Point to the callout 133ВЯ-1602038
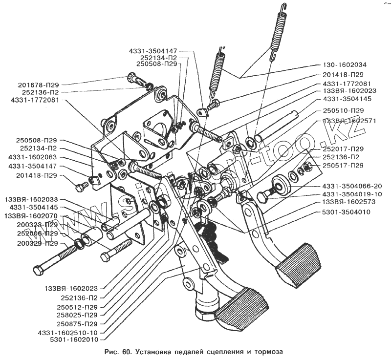(31, 199)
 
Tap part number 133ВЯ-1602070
(31, 216)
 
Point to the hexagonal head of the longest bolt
(39, 269)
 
